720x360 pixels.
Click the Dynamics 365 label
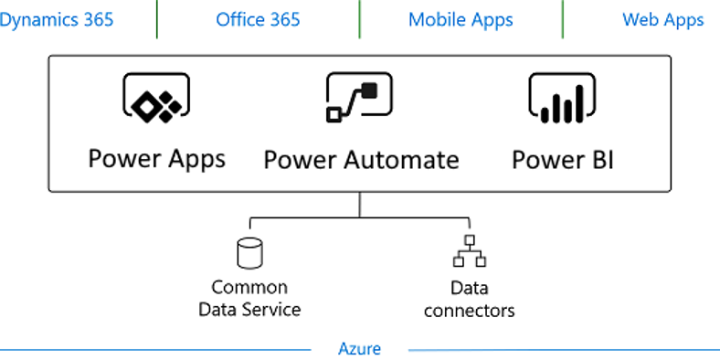coord(57,19)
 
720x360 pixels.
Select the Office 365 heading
coord(258,19)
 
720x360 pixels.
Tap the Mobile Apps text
coord(461,19)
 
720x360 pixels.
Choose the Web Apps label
coord(662,19)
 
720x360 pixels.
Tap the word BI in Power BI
coord(598,160)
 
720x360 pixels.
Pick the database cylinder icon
coord(249,252)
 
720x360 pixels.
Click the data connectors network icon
coord(470,250)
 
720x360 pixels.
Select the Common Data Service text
coord(249,298)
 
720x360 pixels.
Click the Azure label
coord(359,348)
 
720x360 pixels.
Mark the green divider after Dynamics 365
coord(156,18)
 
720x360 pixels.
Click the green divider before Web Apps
coord(562,18)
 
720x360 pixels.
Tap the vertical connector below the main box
coord(359,205)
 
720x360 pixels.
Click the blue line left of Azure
coord(155,349)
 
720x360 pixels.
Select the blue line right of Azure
coord(562,349)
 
